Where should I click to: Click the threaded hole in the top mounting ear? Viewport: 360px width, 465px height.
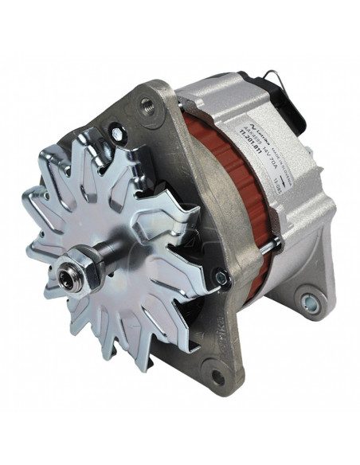[148, 103]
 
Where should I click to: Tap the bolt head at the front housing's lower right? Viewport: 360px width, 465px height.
[221, 278]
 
